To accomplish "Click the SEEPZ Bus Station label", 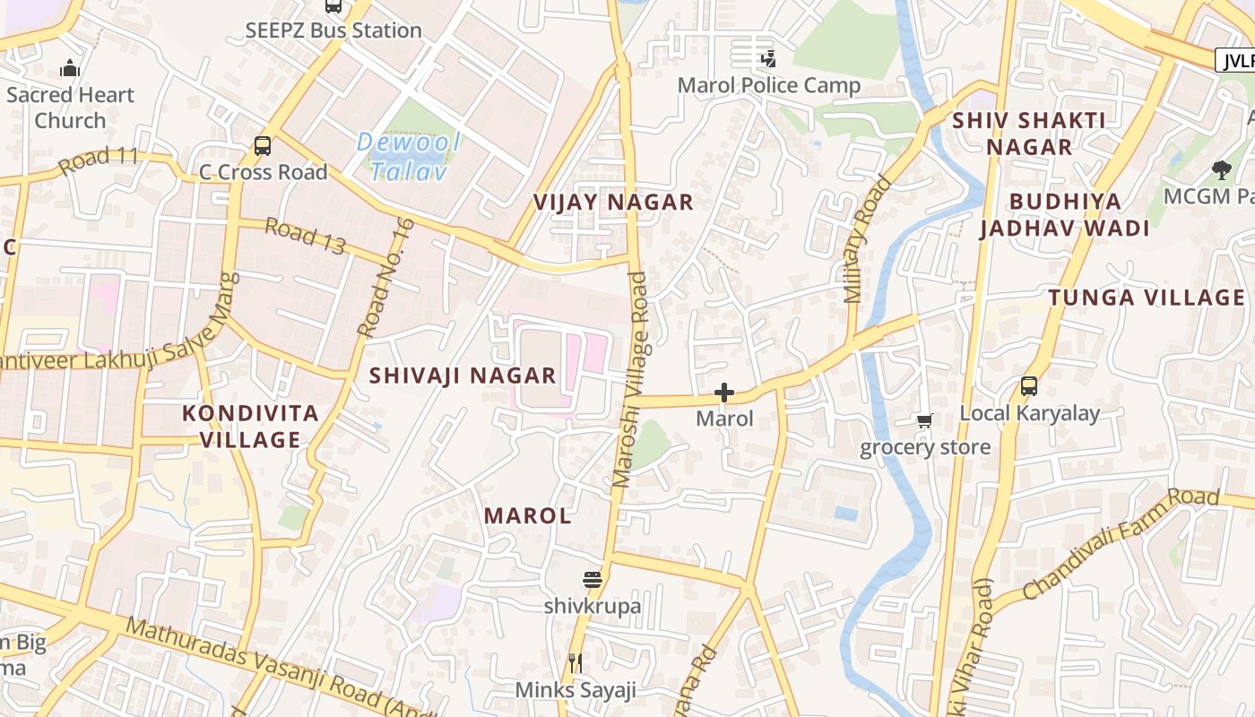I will click(x=333, y=30).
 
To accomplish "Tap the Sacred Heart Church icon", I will click(x=70, y=68).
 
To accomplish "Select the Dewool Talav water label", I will click(x=409, y=156).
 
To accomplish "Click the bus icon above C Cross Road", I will click(x=263, y=145).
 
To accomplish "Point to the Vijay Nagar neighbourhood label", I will click(x=614, y=203).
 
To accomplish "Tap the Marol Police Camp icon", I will click(x=768, y=59).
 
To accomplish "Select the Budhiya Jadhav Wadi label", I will click(x=1065, y=214).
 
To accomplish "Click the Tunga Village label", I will click(x=1147, y=298).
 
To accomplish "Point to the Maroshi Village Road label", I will click(x=629, y=380).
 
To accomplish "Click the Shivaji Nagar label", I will click(x=463, y=376).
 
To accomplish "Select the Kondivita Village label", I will click(x=250, y=427).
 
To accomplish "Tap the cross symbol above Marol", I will click(x=724, y=393).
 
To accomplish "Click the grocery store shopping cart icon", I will click(x=924, y=420).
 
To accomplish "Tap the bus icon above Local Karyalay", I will click(x=1029, y=386).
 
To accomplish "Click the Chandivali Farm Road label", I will click(x=1121, y=543).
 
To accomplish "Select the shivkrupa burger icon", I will click(x=592, y=580).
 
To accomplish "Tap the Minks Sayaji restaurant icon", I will click(x=576, y=663).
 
